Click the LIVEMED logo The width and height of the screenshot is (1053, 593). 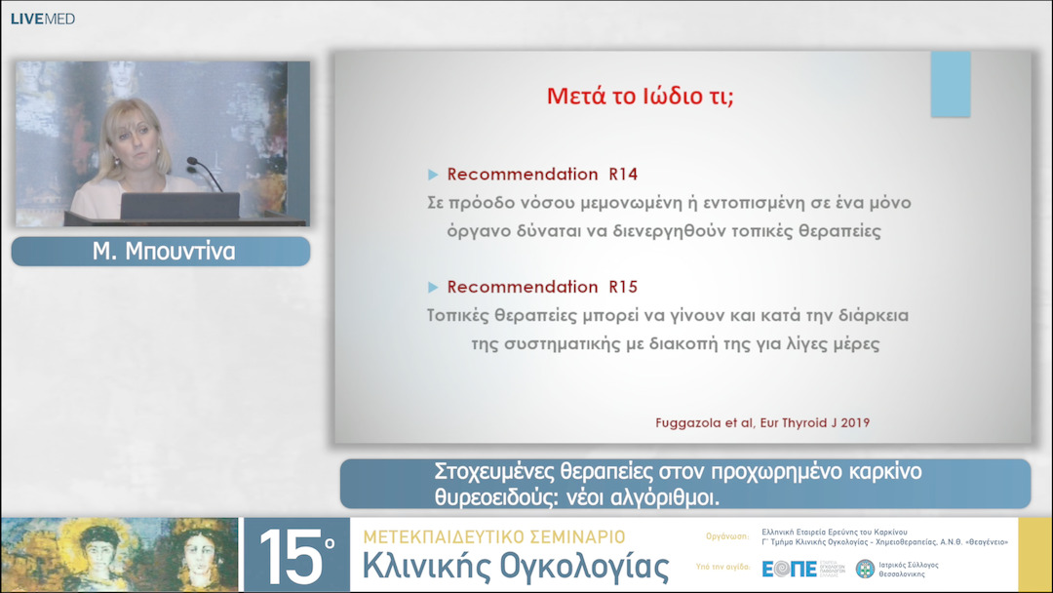point(42,19)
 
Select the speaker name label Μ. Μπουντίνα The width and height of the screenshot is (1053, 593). point(161,252)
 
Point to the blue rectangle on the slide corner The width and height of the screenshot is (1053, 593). point(951,84)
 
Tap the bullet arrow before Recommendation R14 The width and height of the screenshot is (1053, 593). point(433,175)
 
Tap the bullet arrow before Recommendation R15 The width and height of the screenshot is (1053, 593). point(433,287)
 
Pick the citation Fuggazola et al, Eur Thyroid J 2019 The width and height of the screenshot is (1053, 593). point(762,422)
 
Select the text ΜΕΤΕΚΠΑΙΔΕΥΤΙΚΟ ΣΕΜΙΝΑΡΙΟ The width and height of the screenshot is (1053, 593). point(493,536)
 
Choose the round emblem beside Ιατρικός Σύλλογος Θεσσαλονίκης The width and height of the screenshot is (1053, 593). point(865,569)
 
